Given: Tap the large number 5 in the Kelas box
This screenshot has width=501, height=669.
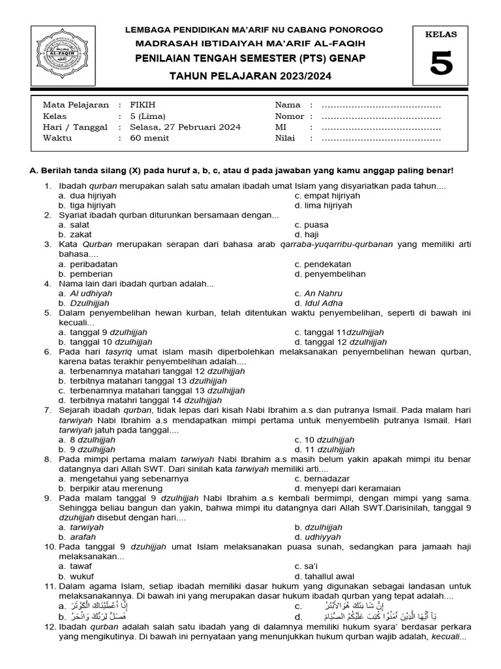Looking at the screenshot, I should (441, 65).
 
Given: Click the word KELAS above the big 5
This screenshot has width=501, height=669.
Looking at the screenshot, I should (441, 35).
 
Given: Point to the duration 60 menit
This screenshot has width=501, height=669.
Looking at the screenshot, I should (149, 138).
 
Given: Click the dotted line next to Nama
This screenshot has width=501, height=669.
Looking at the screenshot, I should (381, 105).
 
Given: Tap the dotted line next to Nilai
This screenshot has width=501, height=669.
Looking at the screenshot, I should (381, 138).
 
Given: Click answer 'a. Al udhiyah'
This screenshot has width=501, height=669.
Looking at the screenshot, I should (85, 293).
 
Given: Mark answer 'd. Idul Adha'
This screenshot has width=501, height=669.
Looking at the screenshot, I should (319, 303).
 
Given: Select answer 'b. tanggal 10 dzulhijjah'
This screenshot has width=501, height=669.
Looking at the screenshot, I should (105, 342).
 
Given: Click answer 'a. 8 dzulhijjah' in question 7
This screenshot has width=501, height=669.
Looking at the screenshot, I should (87, 440).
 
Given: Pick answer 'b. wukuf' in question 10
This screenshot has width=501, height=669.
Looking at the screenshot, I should (74, 576).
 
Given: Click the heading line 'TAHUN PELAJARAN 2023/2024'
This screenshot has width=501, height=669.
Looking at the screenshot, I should (250, 76).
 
